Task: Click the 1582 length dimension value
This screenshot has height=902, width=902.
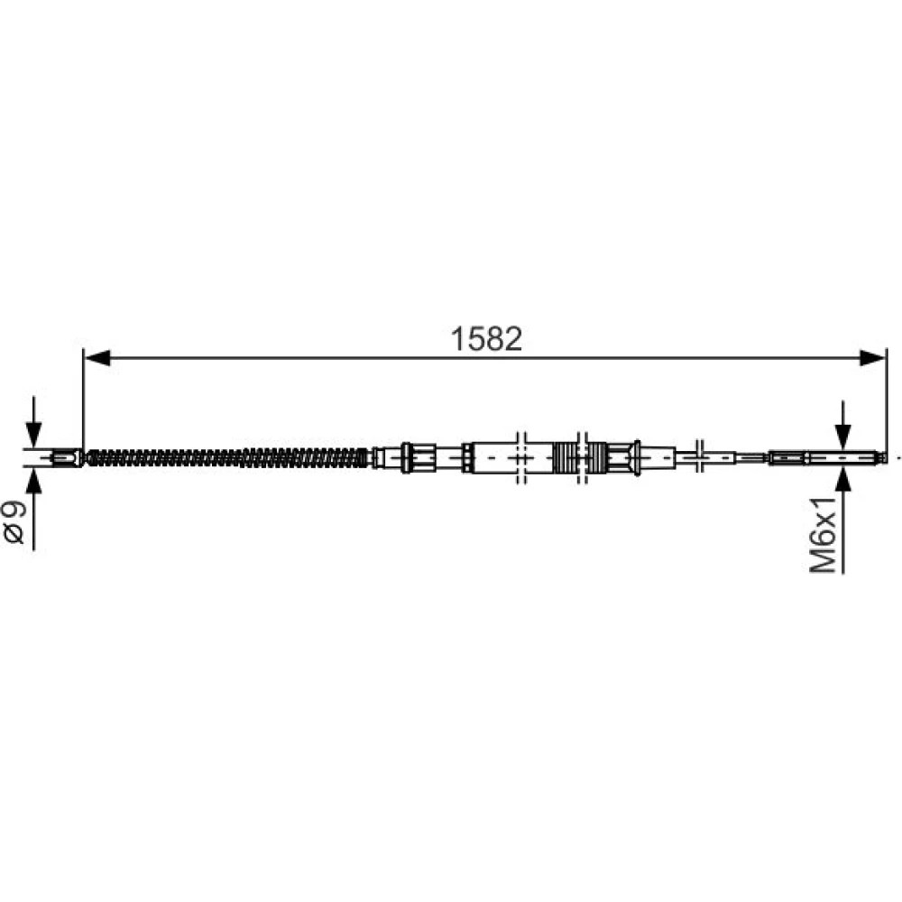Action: [487, 339]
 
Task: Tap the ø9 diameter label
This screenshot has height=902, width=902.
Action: [14, 521]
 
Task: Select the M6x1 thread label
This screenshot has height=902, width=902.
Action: [824, 535]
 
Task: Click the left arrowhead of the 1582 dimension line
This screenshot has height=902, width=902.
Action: [97, 358]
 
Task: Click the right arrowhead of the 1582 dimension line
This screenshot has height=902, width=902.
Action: [872, 358]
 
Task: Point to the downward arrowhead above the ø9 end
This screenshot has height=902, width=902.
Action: [34, 435]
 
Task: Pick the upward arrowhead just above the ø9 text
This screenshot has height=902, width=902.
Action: [34, 481]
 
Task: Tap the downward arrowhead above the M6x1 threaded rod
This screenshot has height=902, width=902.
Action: [842, 437]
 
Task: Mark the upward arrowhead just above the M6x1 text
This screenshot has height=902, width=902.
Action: [842, 480]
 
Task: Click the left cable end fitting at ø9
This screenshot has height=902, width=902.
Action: [66, 458]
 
